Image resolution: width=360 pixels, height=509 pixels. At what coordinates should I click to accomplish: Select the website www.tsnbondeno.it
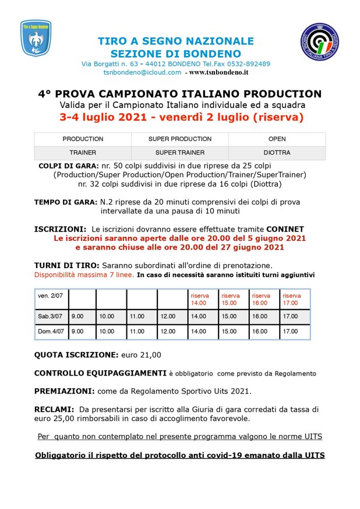[218, 72]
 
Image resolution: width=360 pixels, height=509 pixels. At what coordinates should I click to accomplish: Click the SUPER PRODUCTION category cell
[179, 139]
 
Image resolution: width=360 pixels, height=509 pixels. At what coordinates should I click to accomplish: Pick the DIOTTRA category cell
[277, 153]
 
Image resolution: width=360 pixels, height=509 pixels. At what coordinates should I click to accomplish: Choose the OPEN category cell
[277, 139]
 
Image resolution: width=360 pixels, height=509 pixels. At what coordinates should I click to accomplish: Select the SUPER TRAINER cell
[179, 153]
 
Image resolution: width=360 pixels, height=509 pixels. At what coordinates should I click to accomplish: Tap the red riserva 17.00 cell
[292, 299]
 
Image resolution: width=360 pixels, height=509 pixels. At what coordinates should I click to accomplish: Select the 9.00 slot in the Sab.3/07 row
[77, 316]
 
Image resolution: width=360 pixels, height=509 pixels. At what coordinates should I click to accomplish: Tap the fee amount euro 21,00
[140, 354]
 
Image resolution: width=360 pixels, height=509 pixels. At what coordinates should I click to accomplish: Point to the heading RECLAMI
[54, 409]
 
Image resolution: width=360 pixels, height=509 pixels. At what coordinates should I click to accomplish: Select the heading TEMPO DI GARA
[65, 202]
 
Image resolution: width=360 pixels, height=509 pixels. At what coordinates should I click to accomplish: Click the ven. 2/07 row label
[51, 296]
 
